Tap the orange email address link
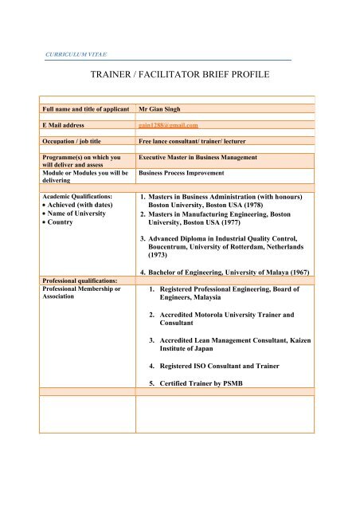coord(167,124)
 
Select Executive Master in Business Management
coord(198,158)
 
